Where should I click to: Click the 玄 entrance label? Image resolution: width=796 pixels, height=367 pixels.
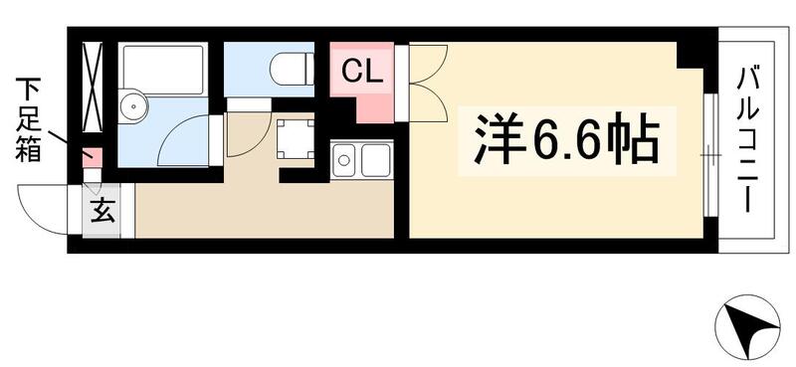pyautogui.click(x=101, y=210)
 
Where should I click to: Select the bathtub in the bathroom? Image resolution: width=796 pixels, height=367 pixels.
pyautogui.click(x=161, y=69)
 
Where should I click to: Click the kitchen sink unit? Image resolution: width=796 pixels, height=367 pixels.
pyautogui.click(x=360, y=159)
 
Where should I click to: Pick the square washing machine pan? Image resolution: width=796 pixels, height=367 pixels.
pyautogui.click(x=295, y=138)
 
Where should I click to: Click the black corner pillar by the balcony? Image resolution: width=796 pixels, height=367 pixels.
pyautogui.click(x=694, y=54)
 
